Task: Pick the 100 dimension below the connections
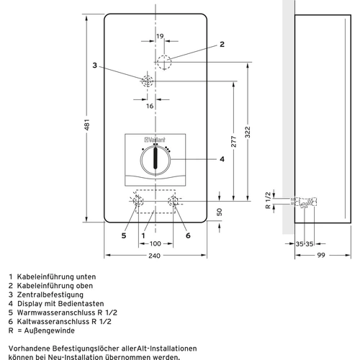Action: pyautogui.click(x=155, y=243)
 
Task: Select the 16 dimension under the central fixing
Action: pyautogui.click(x=150, y=105)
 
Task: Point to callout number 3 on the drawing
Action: pyautogui.click(x=94, y=66)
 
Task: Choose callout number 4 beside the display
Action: pyautogui.click(x=222, y=158)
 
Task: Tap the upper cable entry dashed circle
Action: pyautogui.click(x=166, y=61)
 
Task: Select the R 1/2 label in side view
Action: pyautogui.click(x=267, y=199)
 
